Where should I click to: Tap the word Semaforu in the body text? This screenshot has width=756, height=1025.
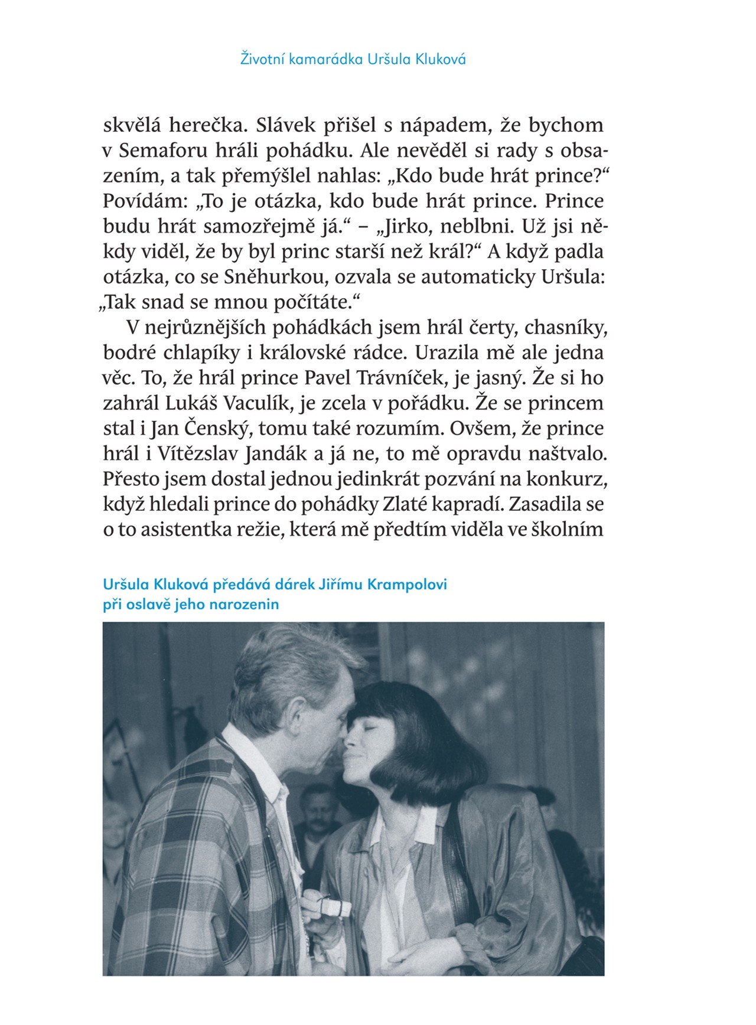point(156,151)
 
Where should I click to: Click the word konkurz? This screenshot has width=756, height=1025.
point(572,479)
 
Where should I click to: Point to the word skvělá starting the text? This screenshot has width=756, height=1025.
point(131,125)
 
